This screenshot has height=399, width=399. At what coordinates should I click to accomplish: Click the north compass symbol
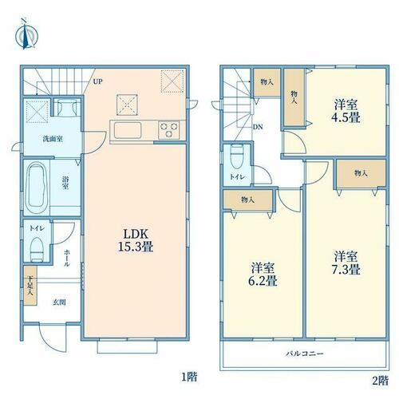(26, 34)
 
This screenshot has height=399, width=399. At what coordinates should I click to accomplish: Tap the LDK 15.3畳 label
(136, 240)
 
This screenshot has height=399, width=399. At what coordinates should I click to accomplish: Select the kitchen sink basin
(128, 130)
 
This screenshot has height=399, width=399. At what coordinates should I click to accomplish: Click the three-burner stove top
(169, 130)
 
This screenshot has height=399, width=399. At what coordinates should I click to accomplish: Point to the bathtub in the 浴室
(37, 188)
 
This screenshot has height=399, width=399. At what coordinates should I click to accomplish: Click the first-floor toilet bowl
(37, 250)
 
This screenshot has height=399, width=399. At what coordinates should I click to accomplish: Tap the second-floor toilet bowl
(237, 157)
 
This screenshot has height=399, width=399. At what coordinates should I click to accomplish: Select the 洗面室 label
(53, 139)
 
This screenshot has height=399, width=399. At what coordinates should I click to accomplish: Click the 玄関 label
(59, 302)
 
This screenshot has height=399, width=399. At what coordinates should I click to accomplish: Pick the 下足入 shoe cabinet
(30, 286)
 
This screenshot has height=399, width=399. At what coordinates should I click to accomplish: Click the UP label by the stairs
(97, 81)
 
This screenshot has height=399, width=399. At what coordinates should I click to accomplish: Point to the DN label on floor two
(258, 127)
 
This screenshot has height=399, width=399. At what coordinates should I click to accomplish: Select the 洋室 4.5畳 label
(346, 111)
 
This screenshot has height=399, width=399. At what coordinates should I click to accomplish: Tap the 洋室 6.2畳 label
(263, 275)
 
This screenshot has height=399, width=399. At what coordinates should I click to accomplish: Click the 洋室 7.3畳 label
(346, 263)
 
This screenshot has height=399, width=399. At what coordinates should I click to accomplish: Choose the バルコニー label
(305, 354)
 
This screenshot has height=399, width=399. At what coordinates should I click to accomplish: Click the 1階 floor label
(189, 377)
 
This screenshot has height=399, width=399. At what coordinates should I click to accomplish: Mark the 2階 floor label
(380, 381)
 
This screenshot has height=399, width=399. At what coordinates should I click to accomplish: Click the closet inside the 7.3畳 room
(361, 173)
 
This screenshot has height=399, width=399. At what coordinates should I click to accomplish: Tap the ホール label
(66, 258)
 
